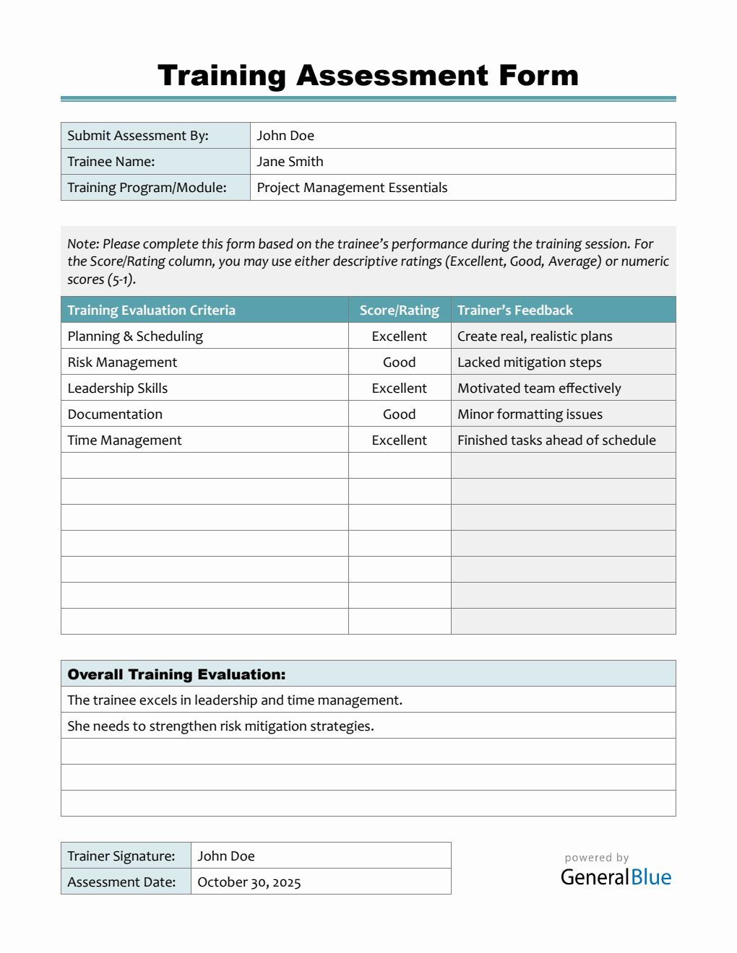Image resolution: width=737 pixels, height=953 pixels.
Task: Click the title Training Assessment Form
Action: pos(368,76)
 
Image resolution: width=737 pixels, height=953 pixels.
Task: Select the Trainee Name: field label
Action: pos(111,162)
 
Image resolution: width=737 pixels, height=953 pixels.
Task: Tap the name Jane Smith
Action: pos(290,162)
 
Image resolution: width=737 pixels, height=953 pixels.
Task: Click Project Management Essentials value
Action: pos(352,188)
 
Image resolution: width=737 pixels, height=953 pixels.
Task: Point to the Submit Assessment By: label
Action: pos(138,136)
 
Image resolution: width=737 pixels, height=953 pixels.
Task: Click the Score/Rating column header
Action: pos(399,310)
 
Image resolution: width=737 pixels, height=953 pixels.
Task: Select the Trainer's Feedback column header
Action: pos(514,310)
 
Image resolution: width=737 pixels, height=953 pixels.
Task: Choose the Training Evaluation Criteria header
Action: pos(151,310)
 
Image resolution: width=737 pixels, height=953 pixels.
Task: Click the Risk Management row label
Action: pos(122,362)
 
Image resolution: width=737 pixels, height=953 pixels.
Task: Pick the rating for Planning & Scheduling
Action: pos(399,336)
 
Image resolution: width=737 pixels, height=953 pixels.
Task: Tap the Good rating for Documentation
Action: pos(399,414)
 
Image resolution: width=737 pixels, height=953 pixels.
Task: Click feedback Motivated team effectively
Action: pos(539,388)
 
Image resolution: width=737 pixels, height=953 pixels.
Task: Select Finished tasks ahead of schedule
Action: pos(556,440)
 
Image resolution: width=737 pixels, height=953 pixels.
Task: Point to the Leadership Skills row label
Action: pos(118,388)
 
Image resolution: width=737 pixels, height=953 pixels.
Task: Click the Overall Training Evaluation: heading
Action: pos(176,674)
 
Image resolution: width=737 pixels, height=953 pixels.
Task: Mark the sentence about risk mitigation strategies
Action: pos(220,726)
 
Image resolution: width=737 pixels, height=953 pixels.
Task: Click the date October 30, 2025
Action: pos(249,882)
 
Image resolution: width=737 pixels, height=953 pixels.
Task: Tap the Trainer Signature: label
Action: pos(121,856)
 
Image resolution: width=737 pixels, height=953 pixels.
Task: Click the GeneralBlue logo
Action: pos(616,876)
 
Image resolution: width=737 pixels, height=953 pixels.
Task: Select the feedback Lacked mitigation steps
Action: pos(529,362)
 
